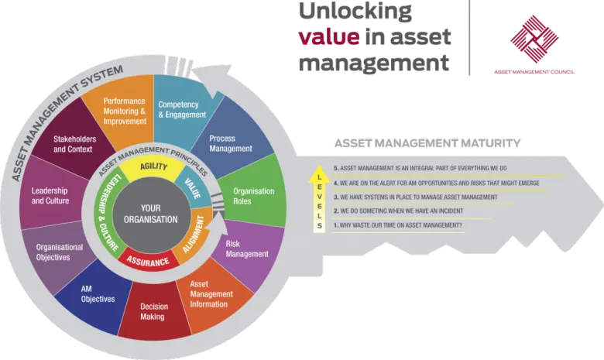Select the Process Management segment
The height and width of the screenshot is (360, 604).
[231, 143]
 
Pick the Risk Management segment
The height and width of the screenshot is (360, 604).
[246, 248]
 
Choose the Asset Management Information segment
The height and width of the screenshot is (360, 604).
[210, 294]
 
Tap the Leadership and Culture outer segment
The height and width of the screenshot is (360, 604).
[51, 195]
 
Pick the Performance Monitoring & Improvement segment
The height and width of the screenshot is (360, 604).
[125, 111]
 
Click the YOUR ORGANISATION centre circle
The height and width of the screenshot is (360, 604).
[150, 214]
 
